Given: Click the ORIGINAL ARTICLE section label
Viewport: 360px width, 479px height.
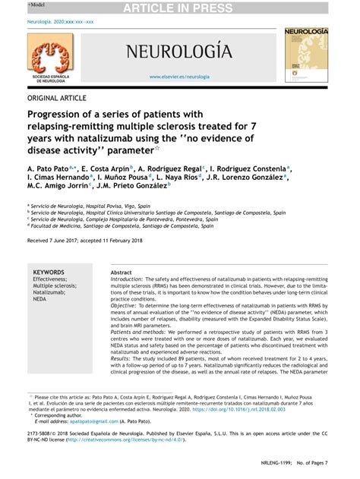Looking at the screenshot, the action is click(58, 98).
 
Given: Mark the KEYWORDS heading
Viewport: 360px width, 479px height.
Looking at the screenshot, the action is click(49, 272).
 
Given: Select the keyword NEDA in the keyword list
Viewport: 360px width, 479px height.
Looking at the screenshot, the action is click(40, 299).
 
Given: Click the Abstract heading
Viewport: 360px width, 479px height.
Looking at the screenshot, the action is click(122, 272).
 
